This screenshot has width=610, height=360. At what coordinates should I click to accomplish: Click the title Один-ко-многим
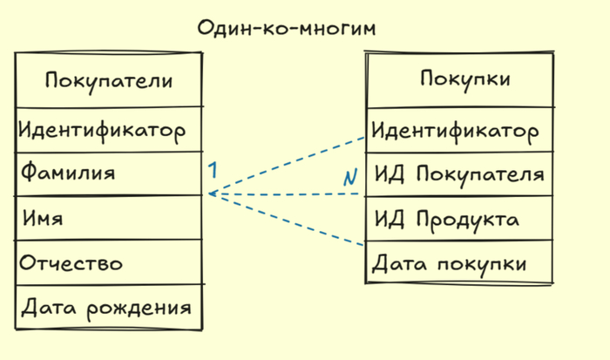click(x=287, y=29)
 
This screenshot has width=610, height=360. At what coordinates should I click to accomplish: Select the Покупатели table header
click(x=108, y=81)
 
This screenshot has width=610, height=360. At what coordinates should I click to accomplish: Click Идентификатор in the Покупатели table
click(x=102, y=131)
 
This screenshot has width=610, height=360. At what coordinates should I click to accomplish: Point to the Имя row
click(x=43, y=217)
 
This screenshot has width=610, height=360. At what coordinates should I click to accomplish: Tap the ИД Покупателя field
click(x=459, y=174)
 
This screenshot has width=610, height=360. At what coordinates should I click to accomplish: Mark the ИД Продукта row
click(x=447, y=218)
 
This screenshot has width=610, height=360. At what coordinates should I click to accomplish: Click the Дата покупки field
click(x=449, y=263)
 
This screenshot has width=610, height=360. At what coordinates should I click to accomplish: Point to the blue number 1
click(x=212, y=169)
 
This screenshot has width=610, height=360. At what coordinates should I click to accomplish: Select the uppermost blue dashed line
click(x=288, y=166)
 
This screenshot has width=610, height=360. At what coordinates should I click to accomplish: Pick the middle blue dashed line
click(x=288, y=194)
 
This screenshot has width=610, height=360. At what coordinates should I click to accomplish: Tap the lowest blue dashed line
click(x=288, y=220)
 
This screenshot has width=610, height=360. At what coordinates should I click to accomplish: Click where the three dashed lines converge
click(x=210, y=194)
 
